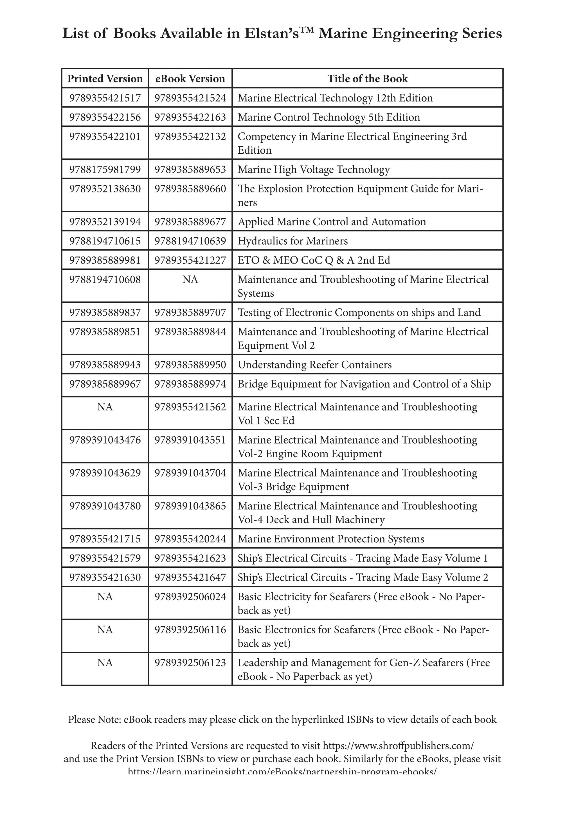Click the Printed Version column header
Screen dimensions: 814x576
105,79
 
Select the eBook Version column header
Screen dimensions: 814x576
190,79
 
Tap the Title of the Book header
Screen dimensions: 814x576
367,79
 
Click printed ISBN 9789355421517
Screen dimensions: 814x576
105,98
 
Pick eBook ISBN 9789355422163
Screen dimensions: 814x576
190,117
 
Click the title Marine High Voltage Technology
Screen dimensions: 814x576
314,169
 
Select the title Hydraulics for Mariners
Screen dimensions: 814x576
292,241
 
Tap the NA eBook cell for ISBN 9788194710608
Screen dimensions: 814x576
190,280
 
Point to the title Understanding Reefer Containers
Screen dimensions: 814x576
314,365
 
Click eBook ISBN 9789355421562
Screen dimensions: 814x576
190,407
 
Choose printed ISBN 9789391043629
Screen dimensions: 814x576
105,473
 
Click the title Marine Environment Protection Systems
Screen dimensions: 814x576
331,539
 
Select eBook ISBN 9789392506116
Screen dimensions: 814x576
190,630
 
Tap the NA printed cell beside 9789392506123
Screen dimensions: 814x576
105,663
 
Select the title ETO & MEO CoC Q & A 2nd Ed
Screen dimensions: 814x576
314,260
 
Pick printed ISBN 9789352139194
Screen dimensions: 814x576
105,222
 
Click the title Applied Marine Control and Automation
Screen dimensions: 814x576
332,222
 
